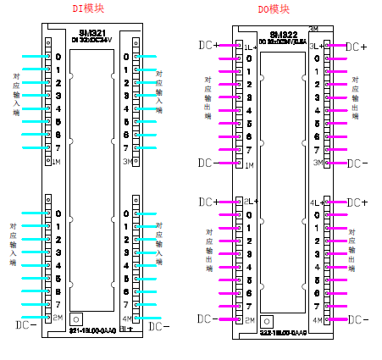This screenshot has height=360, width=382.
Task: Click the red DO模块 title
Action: (274, 9)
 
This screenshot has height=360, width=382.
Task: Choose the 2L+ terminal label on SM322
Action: (250, 202)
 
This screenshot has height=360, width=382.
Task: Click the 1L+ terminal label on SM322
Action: (250, 46)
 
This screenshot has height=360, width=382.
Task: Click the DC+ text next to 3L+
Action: (357, 46)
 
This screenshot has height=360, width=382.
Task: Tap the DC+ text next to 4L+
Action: (357, 202)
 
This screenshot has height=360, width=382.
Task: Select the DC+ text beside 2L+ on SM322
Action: (208, 202)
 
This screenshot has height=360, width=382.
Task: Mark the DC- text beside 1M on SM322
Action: (208, 163)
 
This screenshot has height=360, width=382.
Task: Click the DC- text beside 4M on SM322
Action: (357, 319)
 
